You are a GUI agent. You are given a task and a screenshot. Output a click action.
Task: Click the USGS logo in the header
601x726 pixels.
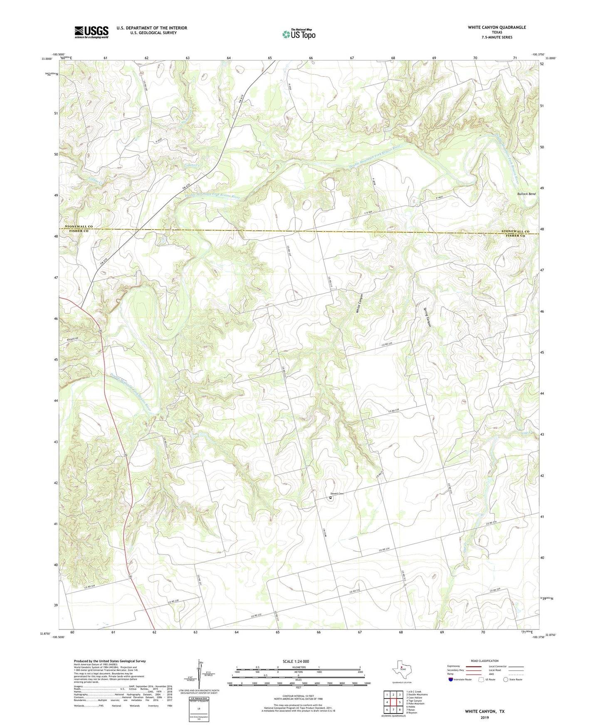[92, 32]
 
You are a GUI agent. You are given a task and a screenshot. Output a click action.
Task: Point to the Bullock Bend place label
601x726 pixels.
[526, 194]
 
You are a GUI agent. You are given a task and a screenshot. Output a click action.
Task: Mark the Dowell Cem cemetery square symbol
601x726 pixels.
[331, 497]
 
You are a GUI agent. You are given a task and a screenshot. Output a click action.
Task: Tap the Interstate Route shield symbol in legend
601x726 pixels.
[451, 679]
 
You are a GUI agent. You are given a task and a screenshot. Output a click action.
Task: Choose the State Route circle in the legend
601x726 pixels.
[506, 679]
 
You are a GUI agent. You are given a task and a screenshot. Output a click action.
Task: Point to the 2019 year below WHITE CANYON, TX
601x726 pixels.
[485, 717]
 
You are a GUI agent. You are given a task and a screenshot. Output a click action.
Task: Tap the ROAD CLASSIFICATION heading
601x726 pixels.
[485, 661]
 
